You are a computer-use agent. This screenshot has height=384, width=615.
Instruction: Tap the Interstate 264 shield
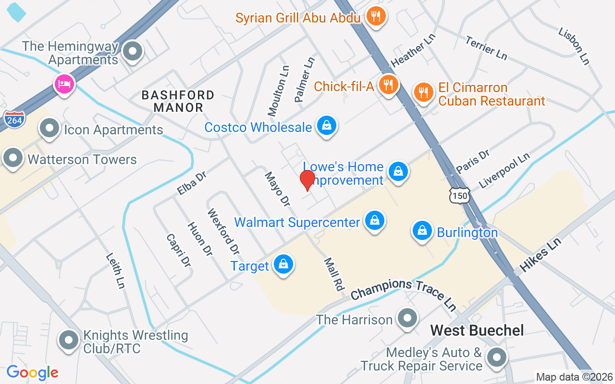[14, 120]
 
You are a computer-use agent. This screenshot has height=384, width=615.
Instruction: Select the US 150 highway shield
[459, 194]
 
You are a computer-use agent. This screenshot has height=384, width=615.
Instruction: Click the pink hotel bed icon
[64, 84]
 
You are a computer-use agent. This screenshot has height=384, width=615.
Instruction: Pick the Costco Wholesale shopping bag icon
[327, 126]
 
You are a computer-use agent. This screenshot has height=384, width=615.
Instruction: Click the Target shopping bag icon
[283, 264]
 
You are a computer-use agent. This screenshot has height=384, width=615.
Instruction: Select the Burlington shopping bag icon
[422, 231]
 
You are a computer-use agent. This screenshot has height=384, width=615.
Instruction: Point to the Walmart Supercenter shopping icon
[374, 220]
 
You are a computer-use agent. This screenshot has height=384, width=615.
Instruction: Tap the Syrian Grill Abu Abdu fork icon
[375, 17]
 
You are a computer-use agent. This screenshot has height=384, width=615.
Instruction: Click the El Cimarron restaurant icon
[423, 92]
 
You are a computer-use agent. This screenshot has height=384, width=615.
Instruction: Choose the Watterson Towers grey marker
[13, 158]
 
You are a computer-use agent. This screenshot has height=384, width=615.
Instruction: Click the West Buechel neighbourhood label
[477, 330]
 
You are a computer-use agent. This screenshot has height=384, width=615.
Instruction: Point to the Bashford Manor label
[178, 101]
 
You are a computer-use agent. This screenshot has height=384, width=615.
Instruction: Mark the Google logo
[32, 372]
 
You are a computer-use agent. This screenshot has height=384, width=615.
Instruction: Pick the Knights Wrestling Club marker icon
[69, 340]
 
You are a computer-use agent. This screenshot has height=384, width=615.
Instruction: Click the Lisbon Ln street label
[574, 45]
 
